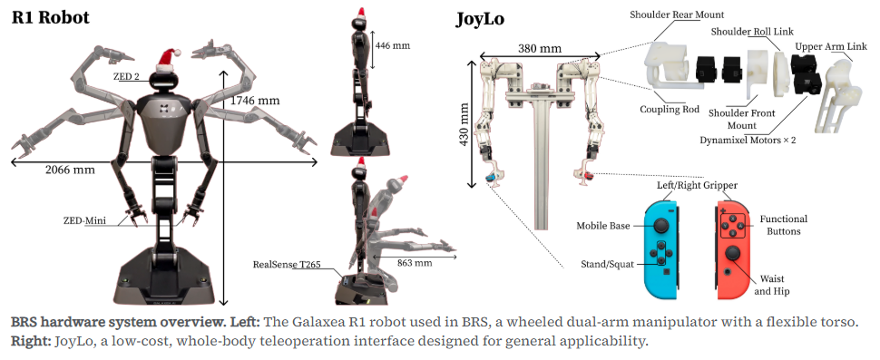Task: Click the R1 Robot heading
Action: click(x=51, y=17)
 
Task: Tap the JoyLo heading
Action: click(x=479, y=19)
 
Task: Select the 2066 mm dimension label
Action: click(x=70, y=169)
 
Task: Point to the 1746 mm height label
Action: click(x=254, y=101)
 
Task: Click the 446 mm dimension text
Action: click(x=392, y=45)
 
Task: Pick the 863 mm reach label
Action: click(x=415, y=262)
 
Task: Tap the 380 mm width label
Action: click(x=539, y=48)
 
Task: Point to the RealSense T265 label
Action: click(x=287, y=264)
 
